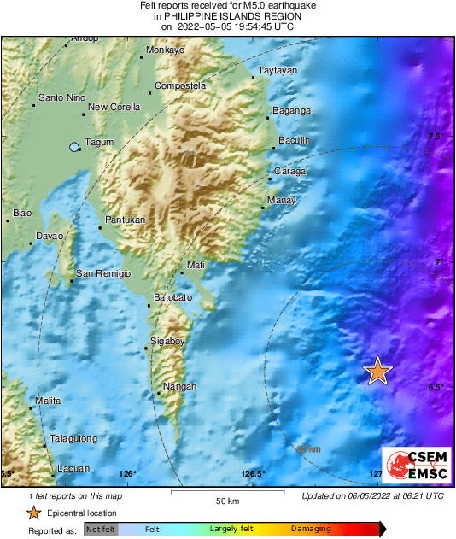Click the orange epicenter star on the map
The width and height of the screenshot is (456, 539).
point(377,372)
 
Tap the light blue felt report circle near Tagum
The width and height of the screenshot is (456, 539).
point(74,147)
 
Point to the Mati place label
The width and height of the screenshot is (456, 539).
point(196,265)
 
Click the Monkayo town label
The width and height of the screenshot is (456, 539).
point(166,50)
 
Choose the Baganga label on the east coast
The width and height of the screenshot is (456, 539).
point(291,111)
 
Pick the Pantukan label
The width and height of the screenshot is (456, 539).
point(124,220)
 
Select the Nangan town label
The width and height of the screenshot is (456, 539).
point(178,387)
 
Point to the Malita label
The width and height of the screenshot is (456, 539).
point(48,401)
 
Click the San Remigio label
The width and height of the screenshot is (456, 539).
point(103,273)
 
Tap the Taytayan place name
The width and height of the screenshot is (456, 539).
point(278,70)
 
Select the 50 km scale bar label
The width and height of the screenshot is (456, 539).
point(226,501)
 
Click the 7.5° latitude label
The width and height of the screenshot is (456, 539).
point(436,137)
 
